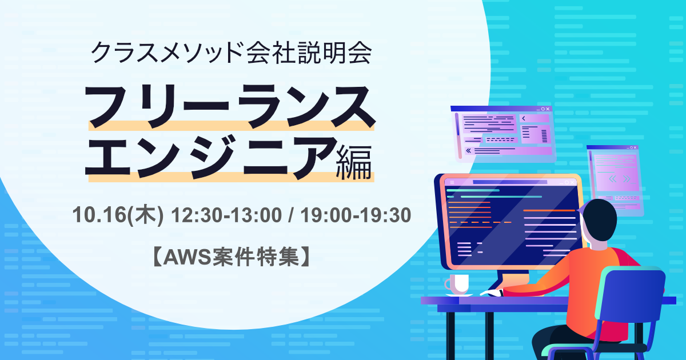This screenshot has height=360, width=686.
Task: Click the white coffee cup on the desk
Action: click(x=457, y=284)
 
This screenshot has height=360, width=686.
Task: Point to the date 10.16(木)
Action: click(x=118, y=215)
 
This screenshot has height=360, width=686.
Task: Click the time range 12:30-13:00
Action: click(x=226, y=215)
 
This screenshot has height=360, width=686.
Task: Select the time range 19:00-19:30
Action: click(x=356, y=215)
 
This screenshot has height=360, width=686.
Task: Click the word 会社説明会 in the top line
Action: click(x=309, y=52)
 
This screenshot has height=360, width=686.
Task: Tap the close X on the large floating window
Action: click(x=548, y=109)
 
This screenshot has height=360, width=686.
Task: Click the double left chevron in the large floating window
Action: click(x=468, y=151)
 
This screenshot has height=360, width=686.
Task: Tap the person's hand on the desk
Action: click(x=492, y=293)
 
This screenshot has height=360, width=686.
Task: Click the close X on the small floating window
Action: click(x=635, y=147)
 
